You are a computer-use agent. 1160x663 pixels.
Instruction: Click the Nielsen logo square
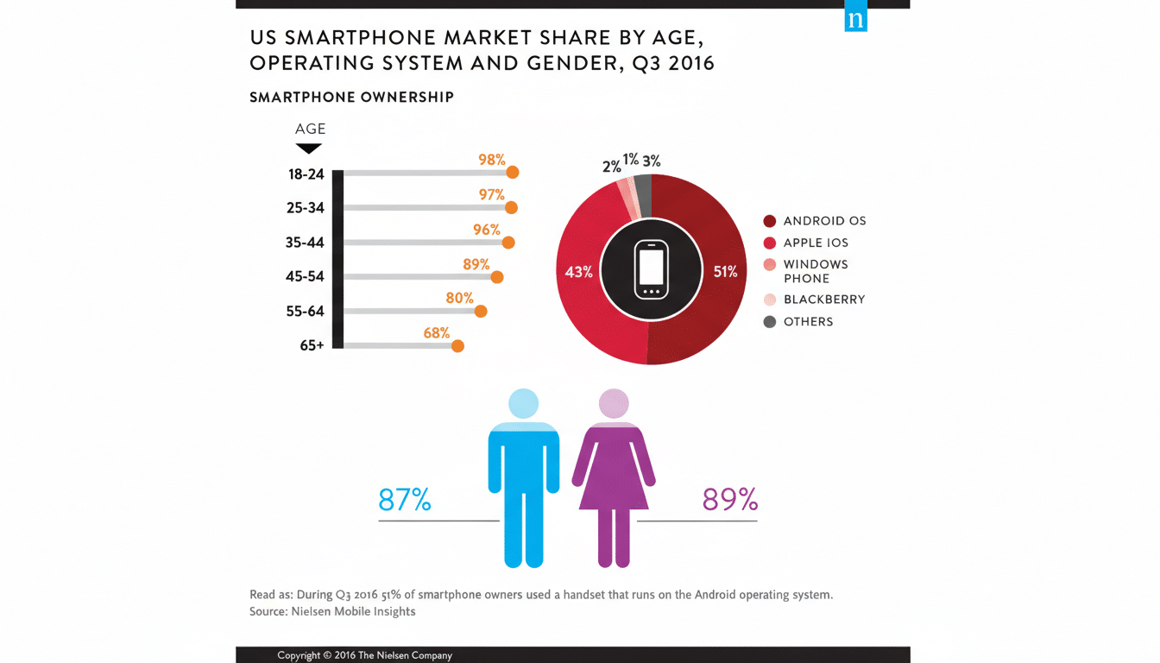pyautogui.click(x=855, y=20)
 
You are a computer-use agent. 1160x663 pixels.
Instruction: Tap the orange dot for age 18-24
pyautogui.click(x=513, y=173)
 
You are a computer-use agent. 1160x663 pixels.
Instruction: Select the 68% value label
pyautogui.click(x=437, y=332)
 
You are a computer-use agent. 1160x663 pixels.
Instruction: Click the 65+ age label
pyautogui.click(x=312, y=345)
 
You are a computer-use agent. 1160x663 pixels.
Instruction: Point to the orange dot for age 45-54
pyautogui.click(x=497, y=277)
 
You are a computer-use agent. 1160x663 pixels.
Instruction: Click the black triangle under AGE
pyautogui.click(x=309, y=148)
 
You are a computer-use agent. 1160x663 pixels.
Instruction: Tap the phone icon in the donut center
pyautogui.click(x=651, y=270)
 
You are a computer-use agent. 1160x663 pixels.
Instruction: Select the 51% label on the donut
pyautogui.click(x=725, y=272)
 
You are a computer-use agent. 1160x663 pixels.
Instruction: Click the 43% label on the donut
pyautogui.click(x=578, y=272)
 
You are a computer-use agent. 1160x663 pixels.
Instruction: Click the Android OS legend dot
pyautogui.click(x=770, y=221)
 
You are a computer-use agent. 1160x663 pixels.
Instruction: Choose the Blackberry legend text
pyautogui.click(x=824, y=300)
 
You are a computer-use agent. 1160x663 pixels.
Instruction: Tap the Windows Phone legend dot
pyautogui.click(x=770, y=265)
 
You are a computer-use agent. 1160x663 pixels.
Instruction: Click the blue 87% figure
pyautogui.click(x=405, y=500)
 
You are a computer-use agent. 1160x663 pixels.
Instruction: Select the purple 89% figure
pyautogui.click(x=729, y=500)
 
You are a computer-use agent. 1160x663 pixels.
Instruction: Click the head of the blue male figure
pyautogui.click(x=524, y=403)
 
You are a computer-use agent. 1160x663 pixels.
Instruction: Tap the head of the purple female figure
pyautogui.click(x=614, y=403)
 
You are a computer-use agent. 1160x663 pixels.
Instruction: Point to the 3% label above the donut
pyautogui.click(x=652, y=161)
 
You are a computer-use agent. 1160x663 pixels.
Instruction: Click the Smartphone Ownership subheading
pyautogui.click(x=351, y=98)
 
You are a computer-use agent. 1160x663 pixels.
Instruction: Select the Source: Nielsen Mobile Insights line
pyautogui.click(x=332, y=611)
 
